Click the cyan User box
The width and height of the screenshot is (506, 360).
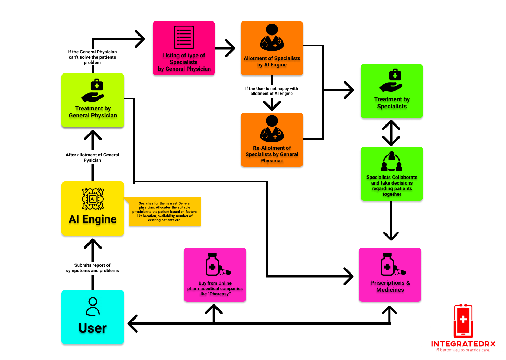tap(93, 317)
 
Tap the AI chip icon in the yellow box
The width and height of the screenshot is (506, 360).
tap(93, 199)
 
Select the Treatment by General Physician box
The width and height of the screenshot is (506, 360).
tap(93, 100)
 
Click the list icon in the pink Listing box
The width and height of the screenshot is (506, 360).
tap(184, 37)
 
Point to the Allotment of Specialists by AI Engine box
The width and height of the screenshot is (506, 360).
tap(272, 48)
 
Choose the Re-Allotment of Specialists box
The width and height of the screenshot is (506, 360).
tap(272, 139)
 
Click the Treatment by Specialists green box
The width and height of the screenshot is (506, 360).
tap(391, 91)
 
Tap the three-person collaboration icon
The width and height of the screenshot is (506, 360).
tap(391, 162)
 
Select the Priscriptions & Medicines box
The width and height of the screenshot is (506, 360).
tap(390, 275)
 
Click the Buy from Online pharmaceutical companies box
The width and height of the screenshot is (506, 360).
tap(215, 275)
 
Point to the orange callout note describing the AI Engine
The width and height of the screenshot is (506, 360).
tap(164, 212)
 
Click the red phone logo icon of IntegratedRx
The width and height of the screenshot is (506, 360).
tap(463, 321)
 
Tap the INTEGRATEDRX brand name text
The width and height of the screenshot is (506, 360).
tap(463, 344)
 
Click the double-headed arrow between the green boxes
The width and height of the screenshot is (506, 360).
tap(391, 133)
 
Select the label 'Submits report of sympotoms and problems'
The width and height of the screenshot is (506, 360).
tap(92, 268)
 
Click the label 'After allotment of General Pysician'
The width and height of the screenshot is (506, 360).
tap(92, 157)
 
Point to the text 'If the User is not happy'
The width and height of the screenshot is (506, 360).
tap(271, 91)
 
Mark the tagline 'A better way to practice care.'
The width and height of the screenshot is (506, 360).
tap(463, 350)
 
